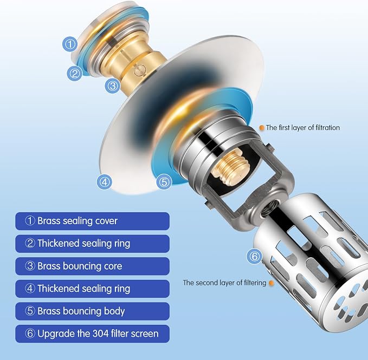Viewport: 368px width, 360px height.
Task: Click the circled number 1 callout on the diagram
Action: click(70, 44)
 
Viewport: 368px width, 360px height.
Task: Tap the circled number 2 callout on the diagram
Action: click(75, 74)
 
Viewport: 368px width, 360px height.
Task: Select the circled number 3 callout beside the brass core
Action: click(113, 86)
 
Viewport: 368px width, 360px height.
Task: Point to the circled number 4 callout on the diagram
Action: click(105, 182)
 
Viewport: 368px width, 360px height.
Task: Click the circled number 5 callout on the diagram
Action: click(164, 182)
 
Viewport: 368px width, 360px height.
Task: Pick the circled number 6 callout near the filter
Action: click(254, 256)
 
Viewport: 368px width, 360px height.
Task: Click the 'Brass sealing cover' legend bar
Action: click(92, 221)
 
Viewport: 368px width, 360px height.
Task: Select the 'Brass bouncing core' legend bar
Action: click(92, 266)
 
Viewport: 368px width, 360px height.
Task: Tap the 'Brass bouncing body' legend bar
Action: click(92, 311)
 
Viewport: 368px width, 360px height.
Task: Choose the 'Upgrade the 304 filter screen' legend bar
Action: click(92, 334)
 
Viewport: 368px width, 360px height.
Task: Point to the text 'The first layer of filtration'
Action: click(303, 128)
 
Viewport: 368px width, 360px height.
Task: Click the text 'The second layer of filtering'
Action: click(224, 283)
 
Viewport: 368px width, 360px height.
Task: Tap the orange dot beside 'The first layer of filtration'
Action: click(261, 128)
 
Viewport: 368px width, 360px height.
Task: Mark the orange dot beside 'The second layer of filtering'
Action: click(272, 283)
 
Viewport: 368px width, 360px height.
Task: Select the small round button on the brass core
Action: click(140, 70)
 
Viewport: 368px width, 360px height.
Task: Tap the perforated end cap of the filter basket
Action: click(347, 305)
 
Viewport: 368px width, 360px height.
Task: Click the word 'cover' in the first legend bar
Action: click(106, 221)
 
